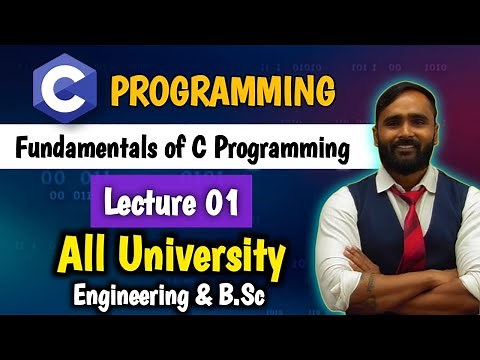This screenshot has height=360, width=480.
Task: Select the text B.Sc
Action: tap(251, 295)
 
